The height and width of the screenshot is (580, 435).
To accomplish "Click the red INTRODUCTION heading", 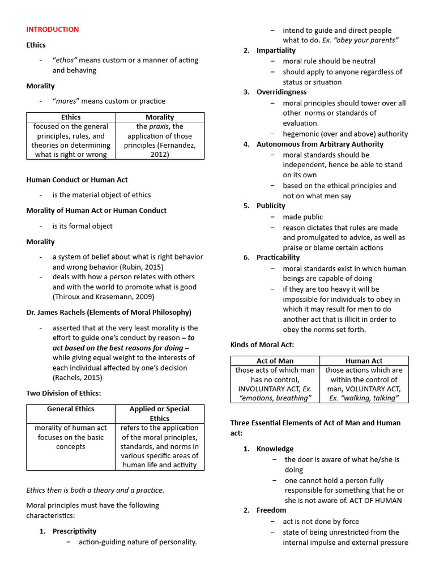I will [53, 29].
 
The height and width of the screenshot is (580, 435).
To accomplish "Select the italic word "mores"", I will [67, 101].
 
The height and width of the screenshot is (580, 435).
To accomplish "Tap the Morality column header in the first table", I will [160, 117].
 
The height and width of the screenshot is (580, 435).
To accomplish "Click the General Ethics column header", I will [71, 409].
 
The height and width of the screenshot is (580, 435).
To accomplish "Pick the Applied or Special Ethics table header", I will [159, 413].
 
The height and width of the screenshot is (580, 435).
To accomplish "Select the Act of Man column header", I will [275, 361].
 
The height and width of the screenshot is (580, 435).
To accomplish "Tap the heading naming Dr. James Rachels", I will [109, 312].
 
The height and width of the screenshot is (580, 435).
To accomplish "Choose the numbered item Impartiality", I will [276, 50].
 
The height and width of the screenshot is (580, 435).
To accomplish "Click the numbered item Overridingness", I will [282, 92].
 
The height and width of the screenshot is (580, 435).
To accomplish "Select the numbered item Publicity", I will [271, 206].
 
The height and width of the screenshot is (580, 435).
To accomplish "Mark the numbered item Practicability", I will [278, 258].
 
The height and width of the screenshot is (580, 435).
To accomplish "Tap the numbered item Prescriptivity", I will [74, 531].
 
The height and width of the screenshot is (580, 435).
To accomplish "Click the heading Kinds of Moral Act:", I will [262, 345].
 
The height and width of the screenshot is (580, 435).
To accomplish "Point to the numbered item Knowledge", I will [275, 449].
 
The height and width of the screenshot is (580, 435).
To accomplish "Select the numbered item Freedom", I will [271, 510].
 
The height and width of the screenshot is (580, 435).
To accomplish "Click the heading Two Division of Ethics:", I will [63, 393].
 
